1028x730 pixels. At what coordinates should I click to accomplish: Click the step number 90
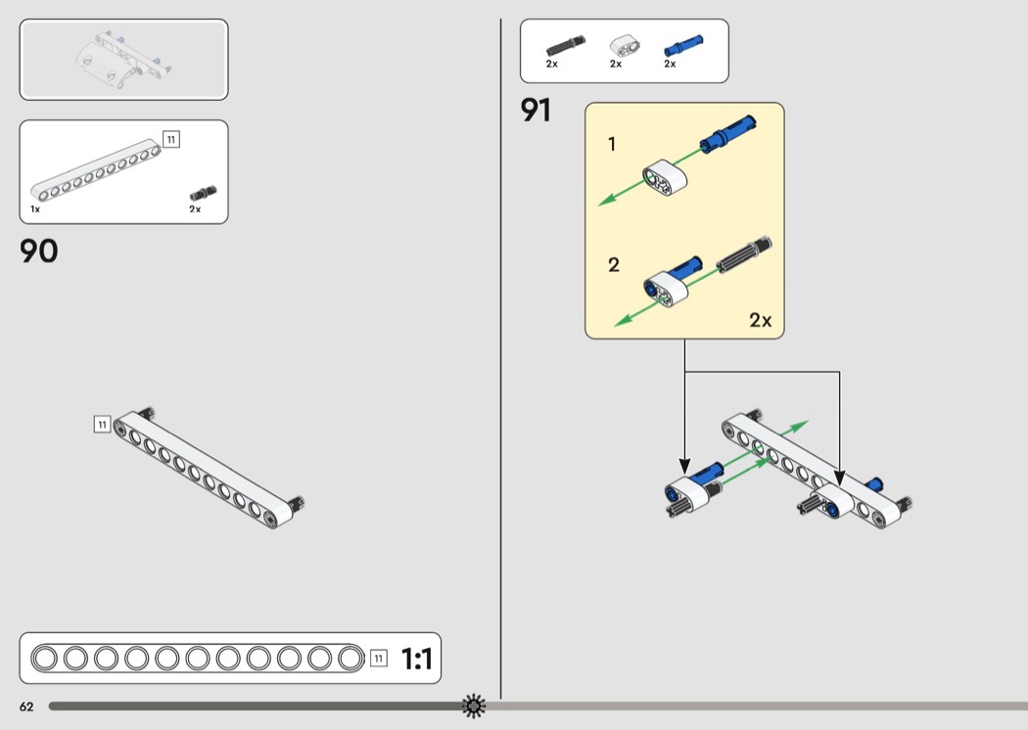[x=39, y=251]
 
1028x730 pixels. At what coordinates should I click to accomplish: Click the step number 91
[x=536, y=111]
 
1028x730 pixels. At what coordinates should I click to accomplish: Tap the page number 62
[x=26, y=707]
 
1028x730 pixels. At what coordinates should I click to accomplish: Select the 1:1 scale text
[x=416, y=660]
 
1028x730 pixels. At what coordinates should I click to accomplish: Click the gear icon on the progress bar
[x=474, y=706]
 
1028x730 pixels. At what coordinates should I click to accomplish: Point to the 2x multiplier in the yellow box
[x=760, y=320]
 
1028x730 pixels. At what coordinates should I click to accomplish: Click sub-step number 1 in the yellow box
[x=612, y=145]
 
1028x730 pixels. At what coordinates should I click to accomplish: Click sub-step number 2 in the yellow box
[x=614, y=265]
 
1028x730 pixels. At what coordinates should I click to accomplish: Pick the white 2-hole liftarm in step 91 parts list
[x=621, y=44]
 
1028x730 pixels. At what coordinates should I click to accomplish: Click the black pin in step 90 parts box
[x=203, y=192]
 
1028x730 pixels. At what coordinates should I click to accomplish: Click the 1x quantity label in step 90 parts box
[x=35, y=209]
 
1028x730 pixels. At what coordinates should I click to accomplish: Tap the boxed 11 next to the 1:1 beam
[x=379, y=659]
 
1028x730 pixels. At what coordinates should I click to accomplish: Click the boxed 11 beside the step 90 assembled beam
[x=102, y=424]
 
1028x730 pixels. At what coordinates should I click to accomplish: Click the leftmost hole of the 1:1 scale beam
[x=46, y=659]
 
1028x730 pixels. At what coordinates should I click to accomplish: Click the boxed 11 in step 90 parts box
[x=171, y=140]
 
